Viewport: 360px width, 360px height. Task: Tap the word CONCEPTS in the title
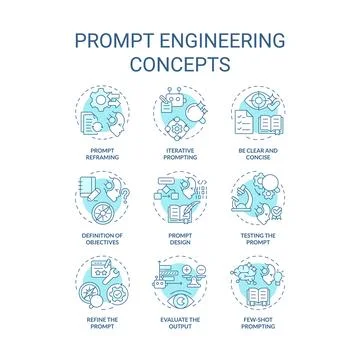point(180,65)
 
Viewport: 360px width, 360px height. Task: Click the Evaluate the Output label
point(180,323)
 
